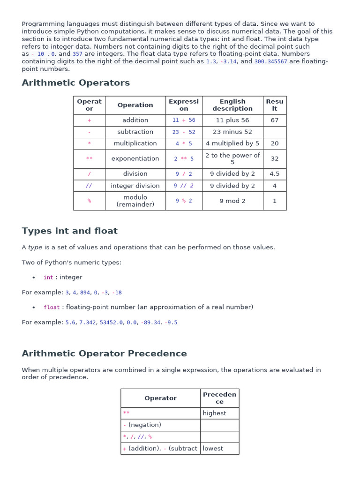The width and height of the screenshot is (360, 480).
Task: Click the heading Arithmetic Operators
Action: pyautogui.click(x=75, y=83)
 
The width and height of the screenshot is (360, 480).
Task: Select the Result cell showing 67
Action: pyautogui.click(x=274, y=120)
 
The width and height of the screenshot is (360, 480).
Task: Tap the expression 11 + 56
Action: pyautogui.click(x=184, y=120)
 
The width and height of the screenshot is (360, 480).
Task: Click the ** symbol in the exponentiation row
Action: pyautogui.click(x=89, y=159)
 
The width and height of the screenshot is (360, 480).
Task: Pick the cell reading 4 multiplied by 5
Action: pyautogui.click(x=232, y=143)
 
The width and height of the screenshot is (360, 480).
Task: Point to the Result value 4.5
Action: pyautogui.click(x=274, y=174)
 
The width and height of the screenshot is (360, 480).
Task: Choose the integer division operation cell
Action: pyautogui.click(x=135, y=186)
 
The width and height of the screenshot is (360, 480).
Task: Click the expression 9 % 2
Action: pyautogui.click(x=184, y=201)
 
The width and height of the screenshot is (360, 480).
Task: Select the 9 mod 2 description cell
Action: pyautogui.click(x=232, y=201)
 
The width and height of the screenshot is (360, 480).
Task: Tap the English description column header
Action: pyautogui.click(x=232, y=105)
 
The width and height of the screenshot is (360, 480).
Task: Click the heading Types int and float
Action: pyautogui.click(x=69, y=231)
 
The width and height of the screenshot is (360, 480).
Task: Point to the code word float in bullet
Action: pyautogui.click(x=52, y=307)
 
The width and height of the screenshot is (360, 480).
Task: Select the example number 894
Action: pyautogui.click(x=85, y=292)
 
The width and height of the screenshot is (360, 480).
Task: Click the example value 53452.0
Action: pyautogui.click(x=112, y=322)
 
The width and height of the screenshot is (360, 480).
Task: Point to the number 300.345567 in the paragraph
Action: pyautogui.click(x=270, y=61)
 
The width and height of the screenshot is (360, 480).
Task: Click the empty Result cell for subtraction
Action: pyautogui.click(x=274, y=132)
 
